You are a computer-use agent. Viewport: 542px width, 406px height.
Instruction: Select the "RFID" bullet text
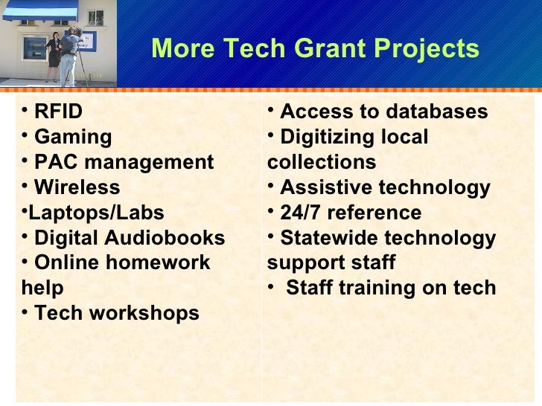tap(58, 112)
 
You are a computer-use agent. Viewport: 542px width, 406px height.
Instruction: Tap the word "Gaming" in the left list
tap(73, 138)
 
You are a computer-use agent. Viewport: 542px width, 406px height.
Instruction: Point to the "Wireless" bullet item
tap(77, 188)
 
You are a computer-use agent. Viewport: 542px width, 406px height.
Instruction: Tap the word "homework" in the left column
tap(166, 263)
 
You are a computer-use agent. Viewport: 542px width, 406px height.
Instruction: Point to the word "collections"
tap(322, 163)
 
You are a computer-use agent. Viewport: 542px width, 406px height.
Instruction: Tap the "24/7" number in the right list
tap(300, 213)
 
